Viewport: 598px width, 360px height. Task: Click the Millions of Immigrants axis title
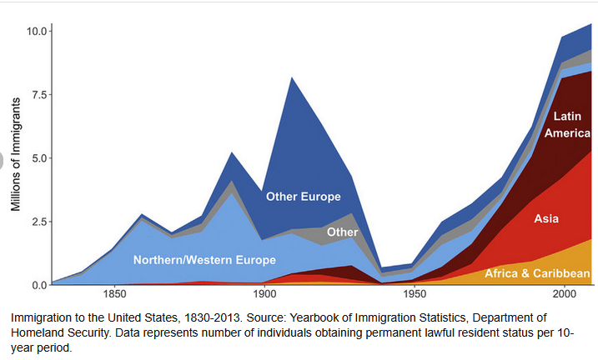pos(16,158)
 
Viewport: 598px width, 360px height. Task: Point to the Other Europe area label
pos(303,197)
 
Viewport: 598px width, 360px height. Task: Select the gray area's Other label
pos(342,232)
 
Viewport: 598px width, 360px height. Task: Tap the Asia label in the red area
pos(546,219)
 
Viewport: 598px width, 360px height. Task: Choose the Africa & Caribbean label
pos(538,273)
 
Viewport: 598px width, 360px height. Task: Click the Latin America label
pos(566,125)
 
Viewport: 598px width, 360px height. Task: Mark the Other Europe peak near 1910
pos(291,78)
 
